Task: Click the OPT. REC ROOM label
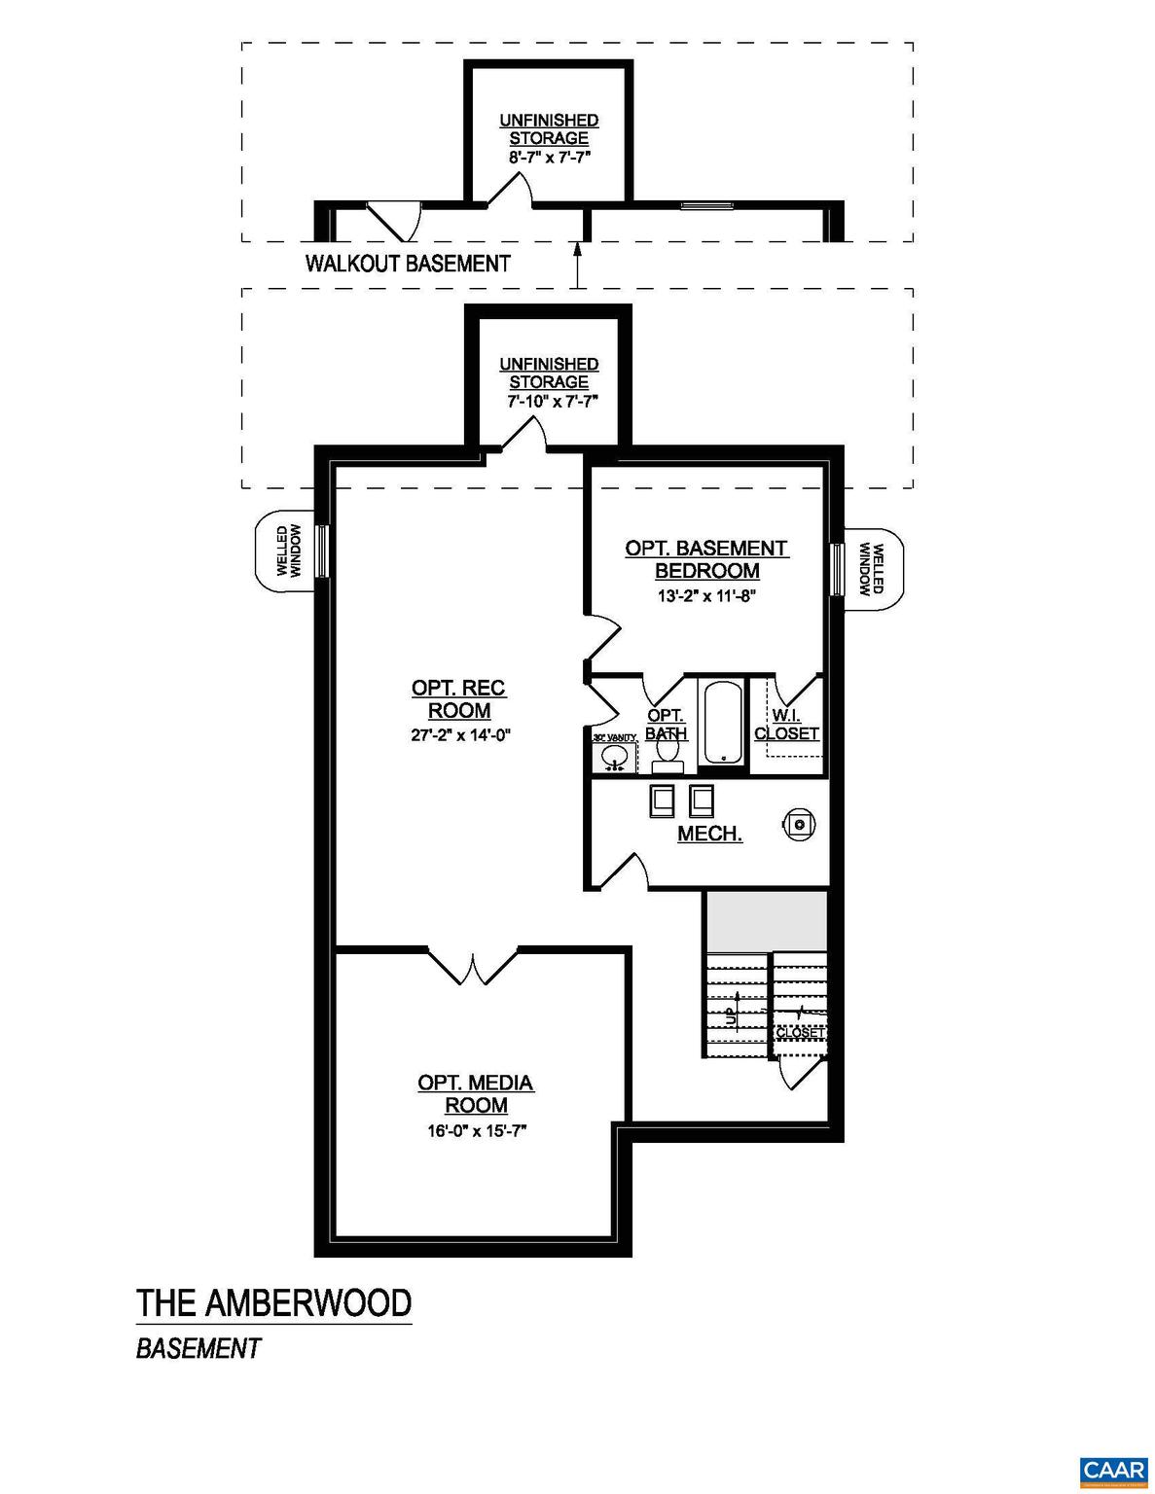pyautogui.click(x=458, y=699)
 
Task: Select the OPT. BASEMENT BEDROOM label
pyautogui.click(x=706, y=559)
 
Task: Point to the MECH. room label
pyautogui.click(x=709, y=834)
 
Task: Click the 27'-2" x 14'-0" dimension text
pyautogui.click(x=460, y=736)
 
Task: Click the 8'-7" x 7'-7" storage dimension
pyautogui.click(x=549, y=157)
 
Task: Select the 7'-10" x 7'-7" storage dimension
pyautogui.click(x=549, y=400)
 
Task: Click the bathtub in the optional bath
pyautogui.click(x=722, y=722)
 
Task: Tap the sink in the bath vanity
pyautogui.click(x=615, y=756)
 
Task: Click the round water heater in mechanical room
pyautogui.click(x=799, y=824)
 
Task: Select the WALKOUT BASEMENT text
pyautogui.click(x=408, y=263)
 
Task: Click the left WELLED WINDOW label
pyautogui.click(x=289, y=551)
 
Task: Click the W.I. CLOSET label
pyautogui.click(x=786, y=725)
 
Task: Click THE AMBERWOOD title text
pyautogui.click(x=273, y=1302)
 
